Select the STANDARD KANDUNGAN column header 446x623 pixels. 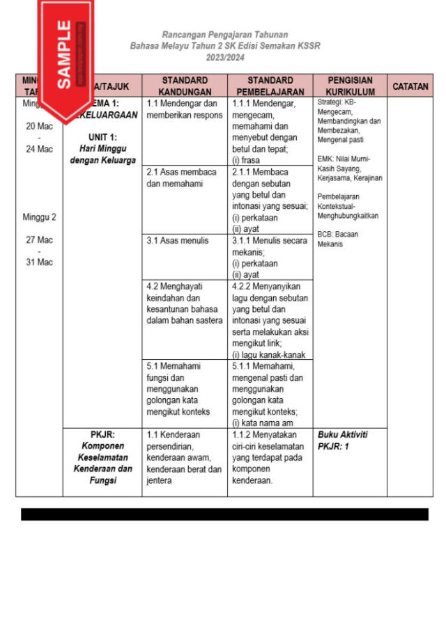point(184,86)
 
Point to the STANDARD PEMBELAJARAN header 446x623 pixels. point(270,86)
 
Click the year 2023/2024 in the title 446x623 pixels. point(224,58)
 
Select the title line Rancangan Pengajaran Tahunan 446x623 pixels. point(224,34)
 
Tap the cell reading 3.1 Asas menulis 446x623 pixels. point(178,241)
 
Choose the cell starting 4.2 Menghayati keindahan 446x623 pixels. point(185,303)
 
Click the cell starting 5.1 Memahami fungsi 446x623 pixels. point(178,382)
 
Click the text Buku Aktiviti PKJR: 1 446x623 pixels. point(343,439)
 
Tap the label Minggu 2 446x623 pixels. point(39,216)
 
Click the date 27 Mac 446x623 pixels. point(39,240)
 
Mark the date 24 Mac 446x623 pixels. point(39,149)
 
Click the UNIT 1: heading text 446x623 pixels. point(102,137)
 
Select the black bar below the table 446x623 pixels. point(224,514)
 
